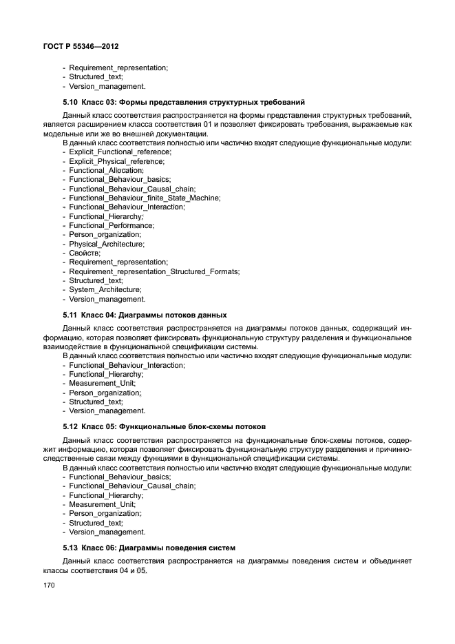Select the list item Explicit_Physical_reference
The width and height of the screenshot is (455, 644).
[x=116, y=161]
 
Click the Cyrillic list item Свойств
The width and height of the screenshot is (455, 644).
[x=85, y=253]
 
